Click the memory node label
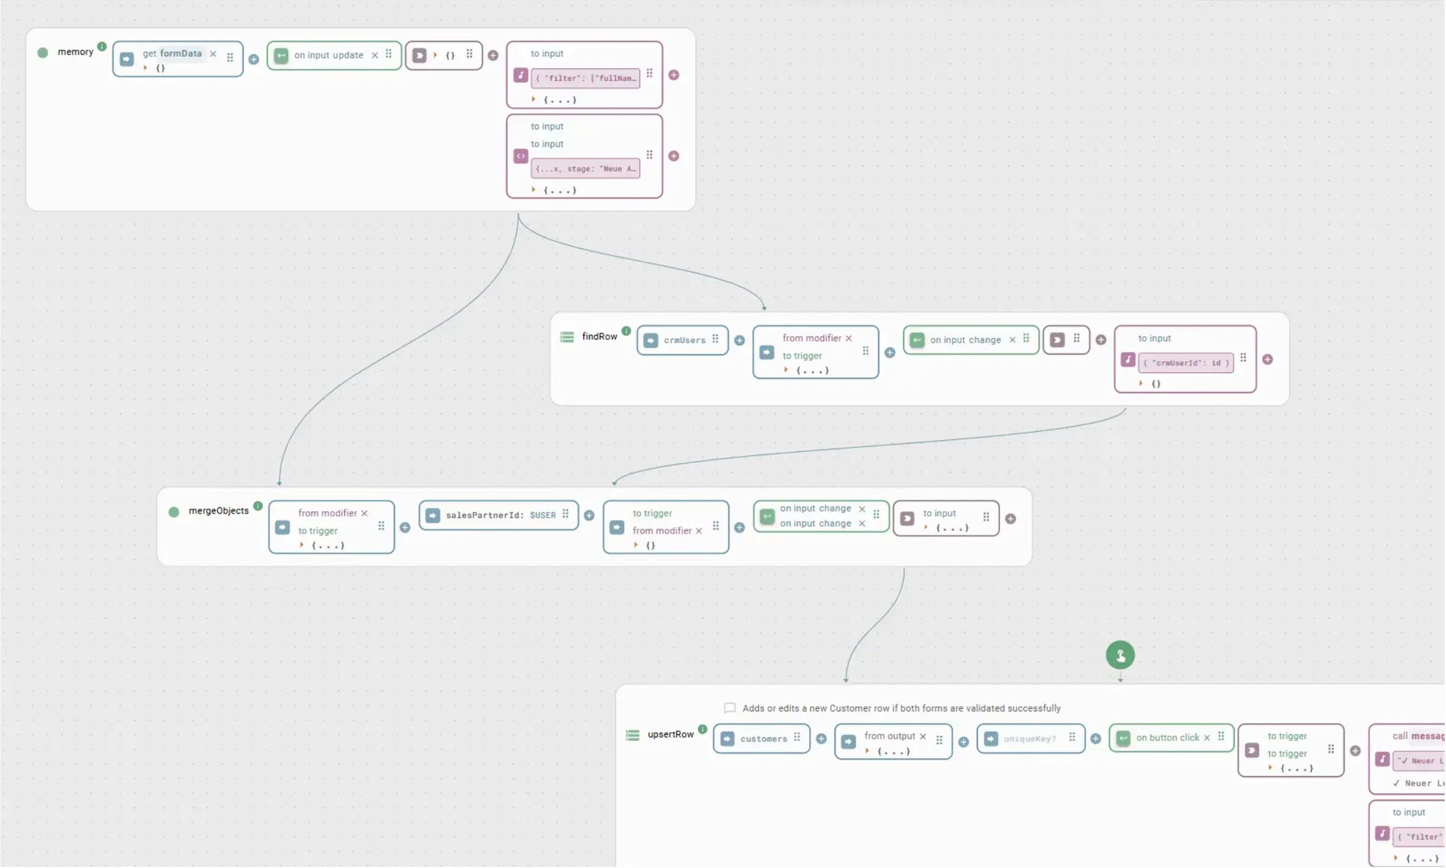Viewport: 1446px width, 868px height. (x=75, y=52)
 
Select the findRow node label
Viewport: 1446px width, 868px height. (x=599, y=336)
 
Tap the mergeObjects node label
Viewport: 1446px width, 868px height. (x=218, y=511)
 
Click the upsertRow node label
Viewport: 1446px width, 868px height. (x=670, y=734)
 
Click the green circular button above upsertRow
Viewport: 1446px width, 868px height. (x=1120, y=655)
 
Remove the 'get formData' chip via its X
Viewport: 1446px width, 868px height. (x=213, y=54)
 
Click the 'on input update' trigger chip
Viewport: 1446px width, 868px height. (x=328, y=55)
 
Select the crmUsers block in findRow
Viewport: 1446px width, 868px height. (x=684, y=340)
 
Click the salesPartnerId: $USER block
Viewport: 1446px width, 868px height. (x=500, y=515)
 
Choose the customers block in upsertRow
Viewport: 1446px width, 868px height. (x=763, y=739)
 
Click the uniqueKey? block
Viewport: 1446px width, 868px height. (x=1030, y=739)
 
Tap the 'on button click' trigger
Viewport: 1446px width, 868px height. (x=1167, y=738)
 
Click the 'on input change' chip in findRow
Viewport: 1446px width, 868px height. (x=965, y=340)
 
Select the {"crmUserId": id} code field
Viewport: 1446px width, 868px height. (x=1186, y=363)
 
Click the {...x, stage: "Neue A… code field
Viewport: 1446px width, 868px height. (x=586, y=169)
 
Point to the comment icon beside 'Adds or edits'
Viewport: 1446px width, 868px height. (x=730, y=708)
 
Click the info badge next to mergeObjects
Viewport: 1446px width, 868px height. (x=258, y=506)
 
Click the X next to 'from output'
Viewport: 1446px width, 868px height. (x=923, y=736)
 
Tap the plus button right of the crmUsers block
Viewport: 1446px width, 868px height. (x=740, y=340)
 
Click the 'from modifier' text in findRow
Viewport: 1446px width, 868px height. (x=811, y=338)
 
